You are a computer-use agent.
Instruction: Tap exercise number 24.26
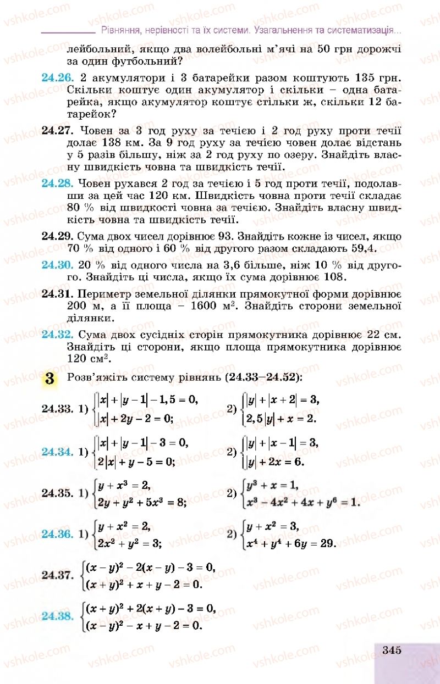(x=58, y=76)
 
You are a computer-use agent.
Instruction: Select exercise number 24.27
(x=58, y=130)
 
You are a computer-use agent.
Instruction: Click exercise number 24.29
(x=58, y=236)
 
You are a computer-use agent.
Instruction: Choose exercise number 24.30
(x=58, y=264)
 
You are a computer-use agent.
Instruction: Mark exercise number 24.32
(x=58, y=334)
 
